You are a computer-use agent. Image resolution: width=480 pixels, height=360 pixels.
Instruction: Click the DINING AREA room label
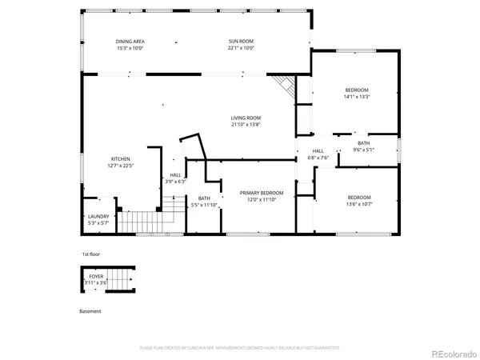[130, 41]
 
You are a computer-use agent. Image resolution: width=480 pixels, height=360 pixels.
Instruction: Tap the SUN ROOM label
[241, 41]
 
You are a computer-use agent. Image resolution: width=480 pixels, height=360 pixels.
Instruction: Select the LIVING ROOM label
[246, 118]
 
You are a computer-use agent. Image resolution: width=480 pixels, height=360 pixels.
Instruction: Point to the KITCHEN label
[120, 159]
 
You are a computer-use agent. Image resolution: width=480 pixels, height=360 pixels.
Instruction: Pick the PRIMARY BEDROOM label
[262, 193]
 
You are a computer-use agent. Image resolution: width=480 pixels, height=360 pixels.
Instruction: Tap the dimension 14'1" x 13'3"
[356, 96]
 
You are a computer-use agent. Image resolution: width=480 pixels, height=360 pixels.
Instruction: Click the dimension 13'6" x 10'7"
[358, 203]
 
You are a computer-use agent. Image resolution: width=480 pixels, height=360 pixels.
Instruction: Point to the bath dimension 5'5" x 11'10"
[204, 205]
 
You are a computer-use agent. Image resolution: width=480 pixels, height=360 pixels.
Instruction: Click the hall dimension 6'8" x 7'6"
[318, 157]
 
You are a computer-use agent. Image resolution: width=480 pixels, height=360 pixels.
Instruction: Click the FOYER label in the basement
[96, 276]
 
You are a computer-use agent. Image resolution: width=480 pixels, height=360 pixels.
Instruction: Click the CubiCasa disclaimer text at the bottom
[239, 348]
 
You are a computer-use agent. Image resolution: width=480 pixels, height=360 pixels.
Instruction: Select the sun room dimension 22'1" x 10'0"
[241, 48]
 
